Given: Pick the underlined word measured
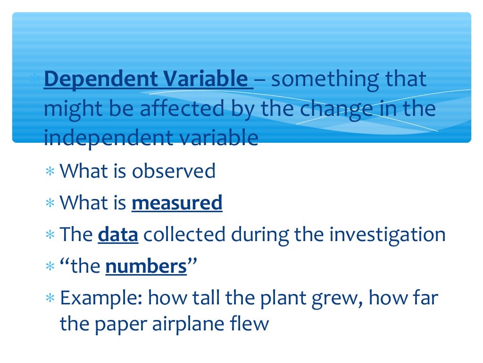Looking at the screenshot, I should tap(177, 203).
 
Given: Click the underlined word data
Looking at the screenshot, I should tap(118, 235).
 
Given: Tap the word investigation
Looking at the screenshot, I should tap(387, 235).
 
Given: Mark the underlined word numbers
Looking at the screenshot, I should tap(146, 267).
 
